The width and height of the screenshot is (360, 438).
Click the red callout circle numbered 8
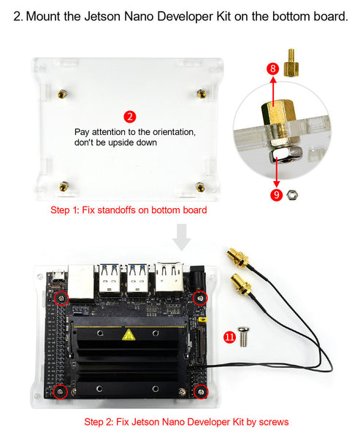click(273, 69)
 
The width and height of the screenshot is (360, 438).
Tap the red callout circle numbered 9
click(276, 195)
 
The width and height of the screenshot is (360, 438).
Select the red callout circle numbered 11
click(230, 337)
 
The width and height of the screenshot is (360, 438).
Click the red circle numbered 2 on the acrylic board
click(129, 117)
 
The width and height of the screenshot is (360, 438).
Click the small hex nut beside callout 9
click(293, 195)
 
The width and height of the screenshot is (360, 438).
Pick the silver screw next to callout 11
click(248, 337)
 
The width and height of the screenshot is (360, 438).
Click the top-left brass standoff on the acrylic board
click(64, 94)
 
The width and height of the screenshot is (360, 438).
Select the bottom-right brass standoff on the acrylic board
click(200, 187)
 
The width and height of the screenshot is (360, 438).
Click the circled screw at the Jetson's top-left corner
click(61, 298)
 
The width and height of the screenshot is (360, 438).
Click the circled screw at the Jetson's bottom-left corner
click(60, 392)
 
